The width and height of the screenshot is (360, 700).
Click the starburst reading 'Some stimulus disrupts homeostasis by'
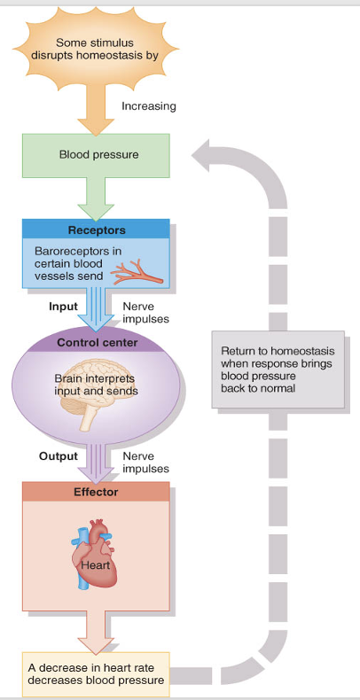96,49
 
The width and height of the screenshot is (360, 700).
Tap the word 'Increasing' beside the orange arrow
148,106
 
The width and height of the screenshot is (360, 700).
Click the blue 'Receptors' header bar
96,230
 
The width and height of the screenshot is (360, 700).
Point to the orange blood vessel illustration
140,269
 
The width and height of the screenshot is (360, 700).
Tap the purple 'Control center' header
96,342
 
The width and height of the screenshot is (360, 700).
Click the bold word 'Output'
59,457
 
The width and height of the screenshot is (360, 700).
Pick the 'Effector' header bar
96,492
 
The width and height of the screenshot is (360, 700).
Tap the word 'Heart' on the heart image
95,564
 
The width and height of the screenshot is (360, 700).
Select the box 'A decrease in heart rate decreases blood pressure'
96,674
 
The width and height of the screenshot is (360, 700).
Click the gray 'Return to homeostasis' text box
278,369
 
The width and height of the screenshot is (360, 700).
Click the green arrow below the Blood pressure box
96,200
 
